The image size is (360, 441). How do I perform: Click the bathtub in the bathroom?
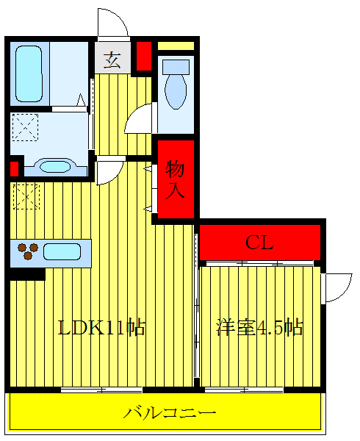pyautogui.click(x=30, y=75)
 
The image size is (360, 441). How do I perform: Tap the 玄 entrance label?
pyautogui.click(x=112, y=59)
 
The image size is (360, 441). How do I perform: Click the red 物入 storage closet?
pyautogui.click(x=176, y=179)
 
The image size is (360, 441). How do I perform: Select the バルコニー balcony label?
pyautogui.click(x=170, y=413)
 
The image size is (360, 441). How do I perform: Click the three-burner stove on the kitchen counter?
pyautogui.click(x=27, y=251)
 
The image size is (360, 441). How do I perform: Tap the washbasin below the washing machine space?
pyautogui.click(x=53, y=166)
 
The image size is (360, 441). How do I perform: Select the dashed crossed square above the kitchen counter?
pyautogui.click(x=26, y=196)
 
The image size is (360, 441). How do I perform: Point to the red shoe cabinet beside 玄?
pyautogui.click(x=143, y=56)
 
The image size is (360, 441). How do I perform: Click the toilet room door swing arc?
pyautogui.click(x=140, y=120)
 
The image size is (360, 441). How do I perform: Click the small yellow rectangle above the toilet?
pyautogui.click(x=176, y=46)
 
